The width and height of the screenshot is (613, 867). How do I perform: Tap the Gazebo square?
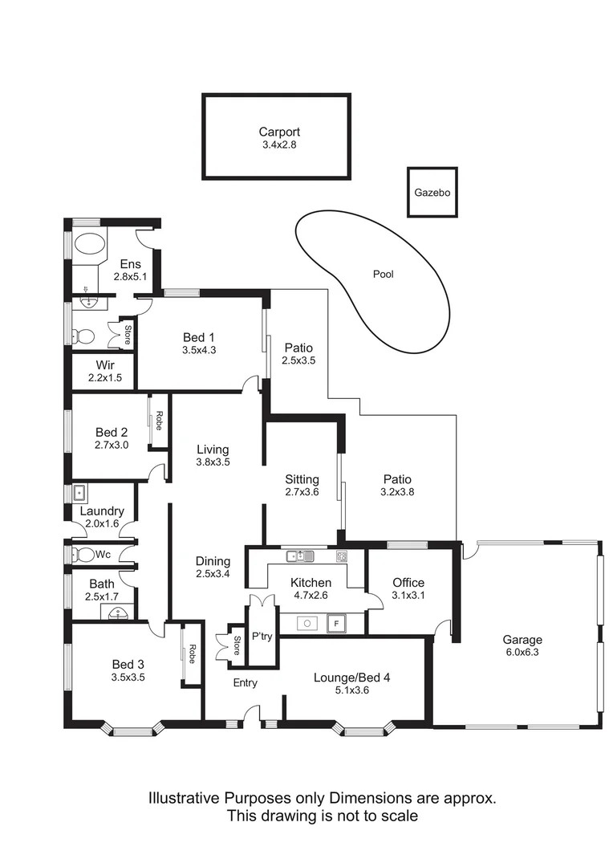point(432,193)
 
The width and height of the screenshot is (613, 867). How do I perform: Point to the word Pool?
point(384,275)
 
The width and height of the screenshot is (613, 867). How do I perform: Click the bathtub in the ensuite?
point(89,245)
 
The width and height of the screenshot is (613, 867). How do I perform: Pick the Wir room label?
point(104,364)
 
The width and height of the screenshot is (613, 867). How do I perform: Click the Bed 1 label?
point(199,337)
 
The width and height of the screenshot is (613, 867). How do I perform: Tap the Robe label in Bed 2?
point(159,421)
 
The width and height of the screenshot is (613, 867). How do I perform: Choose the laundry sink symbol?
point(79,492)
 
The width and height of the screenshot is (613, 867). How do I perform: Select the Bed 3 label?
point(128,664)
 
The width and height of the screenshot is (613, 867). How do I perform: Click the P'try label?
point(262,635)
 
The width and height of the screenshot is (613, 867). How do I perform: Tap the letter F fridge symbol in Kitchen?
point(337,622)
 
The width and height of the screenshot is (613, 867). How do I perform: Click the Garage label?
point(522,640)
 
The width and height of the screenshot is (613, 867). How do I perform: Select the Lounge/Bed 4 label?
point(351,678)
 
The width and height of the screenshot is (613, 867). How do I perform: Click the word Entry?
point(246,683)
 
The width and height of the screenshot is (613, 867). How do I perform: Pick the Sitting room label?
point(302,479)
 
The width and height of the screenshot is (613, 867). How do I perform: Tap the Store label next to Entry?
point(237,647)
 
